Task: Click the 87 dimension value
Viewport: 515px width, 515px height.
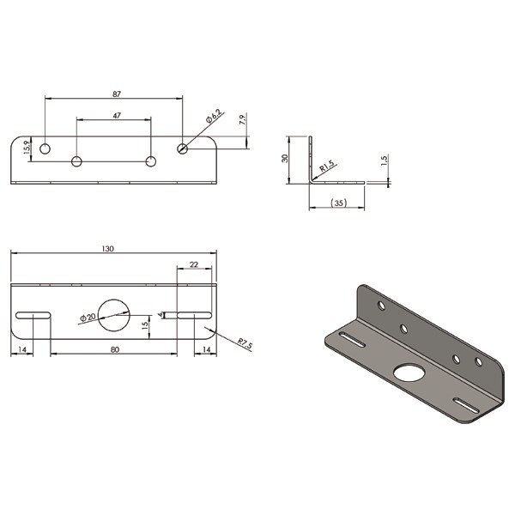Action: click(x=117, y=94)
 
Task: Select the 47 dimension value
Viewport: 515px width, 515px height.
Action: click(x=117, y=116)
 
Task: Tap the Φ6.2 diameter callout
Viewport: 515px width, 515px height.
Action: click(x=214, y=116)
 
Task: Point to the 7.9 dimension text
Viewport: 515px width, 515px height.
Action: click(x=243, y=119)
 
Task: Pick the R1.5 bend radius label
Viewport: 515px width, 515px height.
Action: click(x=326, y=167)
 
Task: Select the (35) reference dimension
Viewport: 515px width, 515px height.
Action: click(x=338, y=203)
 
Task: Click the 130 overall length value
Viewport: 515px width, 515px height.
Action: click(x=108, y=249)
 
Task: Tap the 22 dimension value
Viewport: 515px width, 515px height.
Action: click(x=194, y=264)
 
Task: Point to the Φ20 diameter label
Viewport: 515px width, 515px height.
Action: click(x=88, y=318)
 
